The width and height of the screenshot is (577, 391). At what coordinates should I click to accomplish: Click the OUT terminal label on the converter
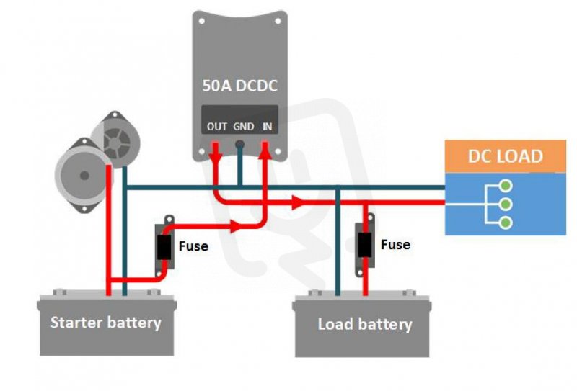coord(216,127)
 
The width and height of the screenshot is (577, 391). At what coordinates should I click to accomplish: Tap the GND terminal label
coord(243,127)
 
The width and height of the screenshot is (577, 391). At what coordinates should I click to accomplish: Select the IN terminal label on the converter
coord(268,127)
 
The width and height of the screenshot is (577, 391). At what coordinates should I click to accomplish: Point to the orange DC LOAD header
coord(505,156)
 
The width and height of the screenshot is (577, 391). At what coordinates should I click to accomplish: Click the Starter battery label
coord(105,322)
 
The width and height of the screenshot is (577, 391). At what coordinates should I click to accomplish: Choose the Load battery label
coord(365,324)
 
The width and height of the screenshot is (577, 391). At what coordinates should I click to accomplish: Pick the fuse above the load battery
coord(365,244)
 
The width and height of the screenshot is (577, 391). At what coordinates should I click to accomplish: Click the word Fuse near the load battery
coord(395,245)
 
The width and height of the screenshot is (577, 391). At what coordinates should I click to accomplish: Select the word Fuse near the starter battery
coord(193,246)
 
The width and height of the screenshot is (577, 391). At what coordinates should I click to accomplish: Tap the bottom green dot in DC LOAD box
coord(506,222)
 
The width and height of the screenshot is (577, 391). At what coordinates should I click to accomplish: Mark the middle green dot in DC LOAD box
coord(506,204)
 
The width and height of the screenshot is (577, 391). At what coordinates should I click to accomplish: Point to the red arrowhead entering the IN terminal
coord(267,148)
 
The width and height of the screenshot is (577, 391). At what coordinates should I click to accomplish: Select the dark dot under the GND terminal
coord(241,144)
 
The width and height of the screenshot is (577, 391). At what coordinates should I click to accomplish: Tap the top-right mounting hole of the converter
coord(277,21)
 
